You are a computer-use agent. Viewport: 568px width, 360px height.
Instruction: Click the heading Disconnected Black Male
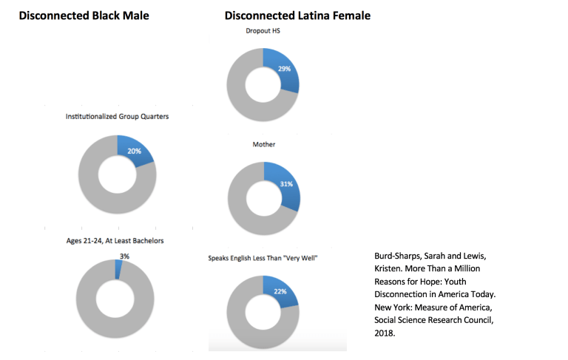(x=84, y=16)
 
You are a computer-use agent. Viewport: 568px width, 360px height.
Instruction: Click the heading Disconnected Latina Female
(x=297, y=16)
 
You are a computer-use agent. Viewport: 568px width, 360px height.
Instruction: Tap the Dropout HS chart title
(x=263, y=31)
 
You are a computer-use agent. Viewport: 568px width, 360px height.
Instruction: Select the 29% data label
(x=284, y=69)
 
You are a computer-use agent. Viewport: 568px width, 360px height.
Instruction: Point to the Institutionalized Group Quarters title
(x=117, y=116)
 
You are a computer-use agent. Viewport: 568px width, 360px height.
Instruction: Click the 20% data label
(x=134, y=151)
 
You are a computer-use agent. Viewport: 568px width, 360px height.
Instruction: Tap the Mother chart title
(x=264, y=144)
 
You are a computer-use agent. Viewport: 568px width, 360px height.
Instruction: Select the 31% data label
(x=286, y=184)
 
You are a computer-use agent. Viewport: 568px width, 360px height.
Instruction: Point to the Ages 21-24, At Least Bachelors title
(x=115, y=241)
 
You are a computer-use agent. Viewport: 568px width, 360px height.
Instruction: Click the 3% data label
(x=124, y=256)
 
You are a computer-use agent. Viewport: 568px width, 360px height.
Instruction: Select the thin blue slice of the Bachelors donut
(x=118, y=269)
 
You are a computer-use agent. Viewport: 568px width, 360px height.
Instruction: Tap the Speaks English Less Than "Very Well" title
(x=263, y=258)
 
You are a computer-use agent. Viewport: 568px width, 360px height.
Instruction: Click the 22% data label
(x=280, y=291)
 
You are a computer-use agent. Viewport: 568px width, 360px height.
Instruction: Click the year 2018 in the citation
(x=385, y=333)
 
